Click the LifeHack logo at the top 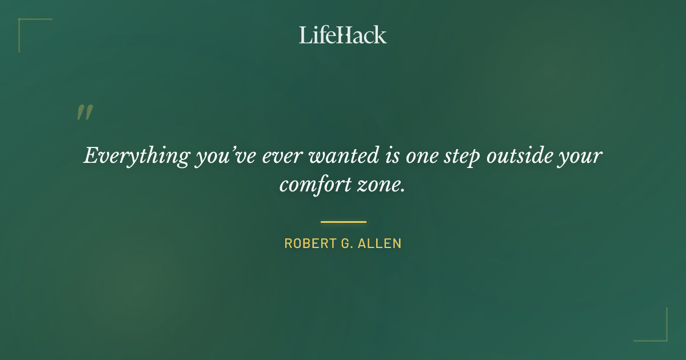click(x=343, y=35)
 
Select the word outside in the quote click(x=519, y=155)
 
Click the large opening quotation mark click(x=84, y=113)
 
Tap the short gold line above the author click(x=343, y=222)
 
